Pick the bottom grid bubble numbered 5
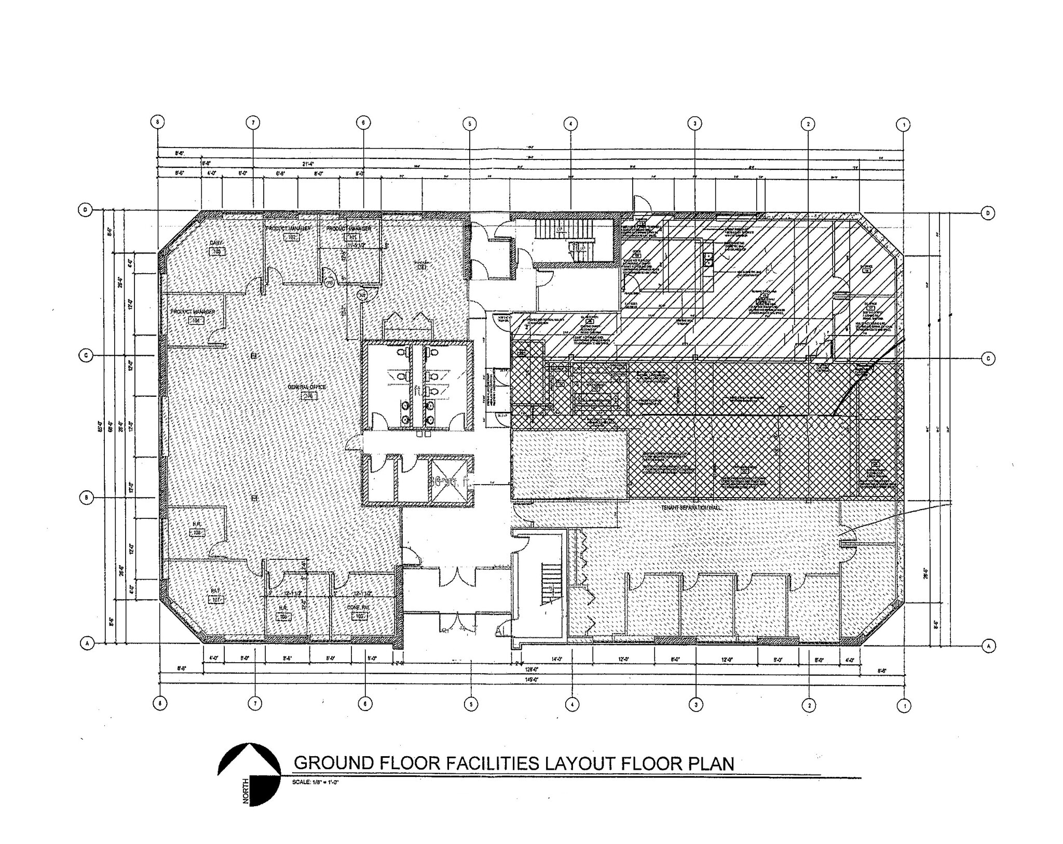(x=470, y=704)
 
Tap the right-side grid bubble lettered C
(x=988, y=358)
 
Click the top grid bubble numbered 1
(x=904, y=125)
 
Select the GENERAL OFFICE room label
(x=309, y=387)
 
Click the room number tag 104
(x=196, y=321)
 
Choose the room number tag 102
(x=292, y=237)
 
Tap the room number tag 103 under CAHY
(x=216, y=251)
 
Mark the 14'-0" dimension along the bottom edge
(x=557, y=659)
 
